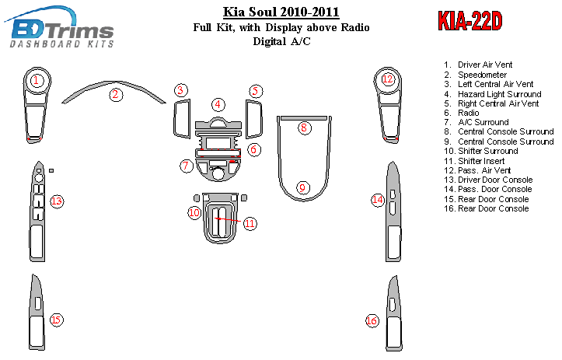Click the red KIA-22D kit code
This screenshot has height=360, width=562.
tap(469, 21)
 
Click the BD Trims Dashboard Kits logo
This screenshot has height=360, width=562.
tap(60, 27)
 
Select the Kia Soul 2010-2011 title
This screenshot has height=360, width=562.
tap(281, 12)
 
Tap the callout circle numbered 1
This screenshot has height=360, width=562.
tap(37, 80)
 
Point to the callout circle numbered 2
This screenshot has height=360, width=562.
tap(115, 95)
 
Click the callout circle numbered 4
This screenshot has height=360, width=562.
tap(218, 105)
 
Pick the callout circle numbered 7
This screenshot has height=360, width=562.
tap(186, 166)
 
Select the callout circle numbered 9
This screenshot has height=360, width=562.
tap(303, 187)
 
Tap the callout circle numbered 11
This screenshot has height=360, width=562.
tap(250, 224)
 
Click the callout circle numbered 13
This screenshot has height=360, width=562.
tap(57, 201)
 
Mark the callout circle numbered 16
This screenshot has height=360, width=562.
tap(372, 320)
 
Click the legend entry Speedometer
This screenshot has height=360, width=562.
tap(482, 75)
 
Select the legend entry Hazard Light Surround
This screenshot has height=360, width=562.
tap(499, 94)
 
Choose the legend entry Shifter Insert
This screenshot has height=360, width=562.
tap(481, 161)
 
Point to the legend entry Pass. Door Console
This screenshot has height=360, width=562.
tap(494, 189)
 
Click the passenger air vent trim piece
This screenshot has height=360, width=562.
tap(387, 105)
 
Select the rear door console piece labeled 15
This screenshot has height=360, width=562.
tap(37, 313)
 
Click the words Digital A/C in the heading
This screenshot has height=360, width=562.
tap(281, 41)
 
